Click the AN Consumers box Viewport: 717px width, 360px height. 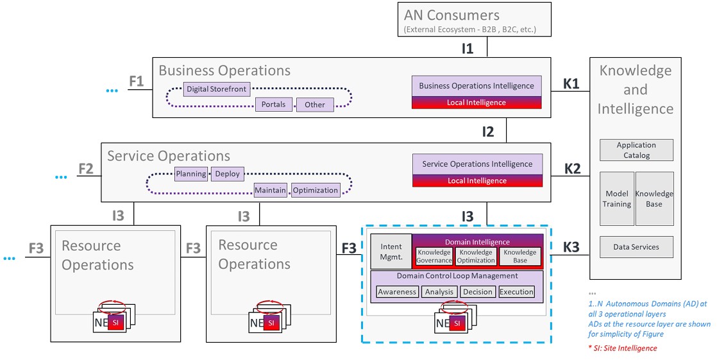469,20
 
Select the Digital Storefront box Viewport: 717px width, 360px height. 216,89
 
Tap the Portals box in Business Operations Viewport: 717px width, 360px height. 274,105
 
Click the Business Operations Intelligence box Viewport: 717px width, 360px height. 477,86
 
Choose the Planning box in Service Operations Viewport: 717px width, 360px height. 191,174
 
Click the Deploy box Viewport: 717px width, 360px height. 227,174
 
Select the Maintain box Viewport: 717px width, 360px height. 270,190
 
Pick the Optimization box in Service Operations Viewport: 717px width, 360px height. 316,190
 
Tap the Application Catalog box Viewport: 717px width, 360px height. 636,150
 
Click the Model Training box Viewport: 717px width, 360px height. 617,199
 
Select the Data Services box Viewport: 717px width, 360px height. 636,247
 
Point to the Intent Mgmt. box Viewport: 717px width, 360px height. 391,251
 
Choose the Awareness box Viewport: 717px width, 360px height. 397,292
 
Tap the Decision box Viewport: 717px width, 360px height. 478,292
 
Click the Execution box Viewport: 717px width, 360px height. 516,292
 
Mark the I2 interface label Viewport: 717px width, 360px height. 488,132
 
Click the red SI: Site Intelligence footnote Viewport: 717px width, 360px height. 623,348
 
